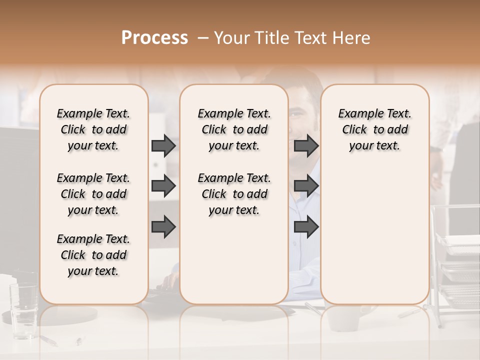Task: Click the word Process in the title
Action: click(x=154, y=38)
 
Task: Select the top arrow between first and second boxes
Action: click(x=163, y=145)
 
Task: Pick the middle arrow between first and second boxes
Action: click(x=163, y=186)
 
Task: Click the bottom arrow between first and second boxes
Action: click(x=163, y=226)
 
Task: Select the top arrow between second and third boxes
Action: click(x=306, y=145)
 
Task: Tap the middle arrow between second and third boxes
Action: click(x=306, y=186)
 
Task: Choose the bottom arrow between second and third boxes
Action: click(x=306, y=226)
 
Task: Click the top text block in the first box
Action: click(x=93, y=129)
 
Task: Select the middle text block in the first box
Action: click(x=93, y=194)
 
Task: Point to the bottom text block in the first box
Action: click(x=93, y=255)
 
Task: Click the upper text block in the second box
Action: click(x=234, y=129)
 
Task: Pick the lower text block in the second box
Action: click(x=234, y=194)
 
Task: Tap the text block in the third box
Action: click(x=374, y=129)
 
